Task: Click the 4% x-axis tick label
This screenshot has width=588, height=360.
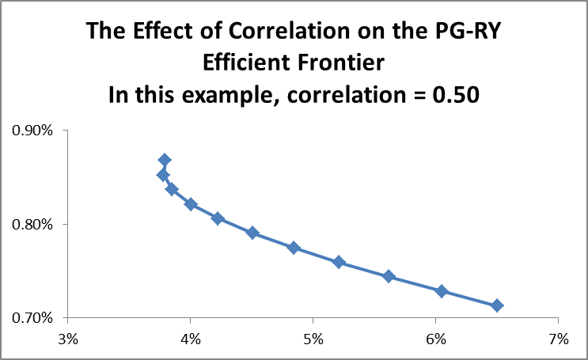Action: tap(190, 339)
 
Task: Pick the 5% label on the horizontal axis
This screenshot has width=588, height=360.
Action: tap(313, 339)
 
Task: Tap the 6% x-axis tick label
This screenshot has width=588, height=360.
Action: tap(435, 339)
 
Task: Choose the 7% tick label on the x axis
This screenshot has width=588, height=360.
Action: tap(558, 339)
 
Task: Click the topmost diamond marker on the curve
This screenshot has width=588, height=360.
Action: tap(165, 161)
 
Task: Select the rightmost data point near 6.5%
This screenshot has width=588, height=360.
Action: tap(497, 305)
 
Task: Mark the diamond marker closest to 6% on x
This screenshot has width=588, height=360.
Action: tap(442, 291)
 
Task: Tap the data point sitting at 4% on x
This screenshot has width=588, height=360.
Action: tap(191, 204)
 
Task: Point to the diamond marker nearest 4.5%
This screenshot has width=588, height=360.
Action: tap(252, 233)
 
